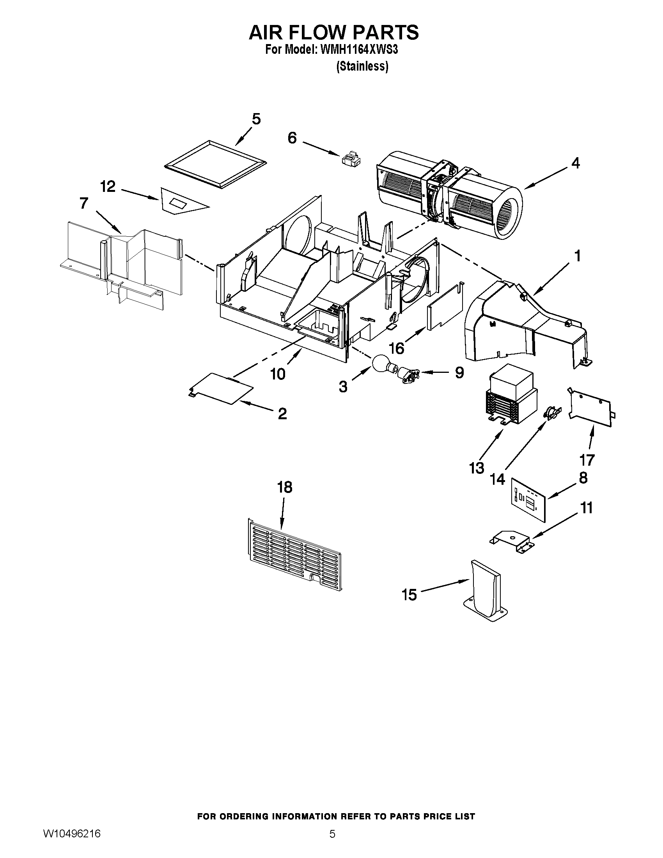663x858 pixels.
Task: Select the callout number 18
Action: pos(285,487)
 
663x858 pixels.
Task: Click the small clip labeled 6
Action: pos(350,158)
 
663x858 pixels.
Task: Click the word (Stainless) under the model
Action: pos(362,66)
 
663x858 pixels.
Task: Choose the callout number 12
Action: pos(108,186)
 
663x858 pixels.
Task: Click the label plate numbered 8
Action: pos(529,500)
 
